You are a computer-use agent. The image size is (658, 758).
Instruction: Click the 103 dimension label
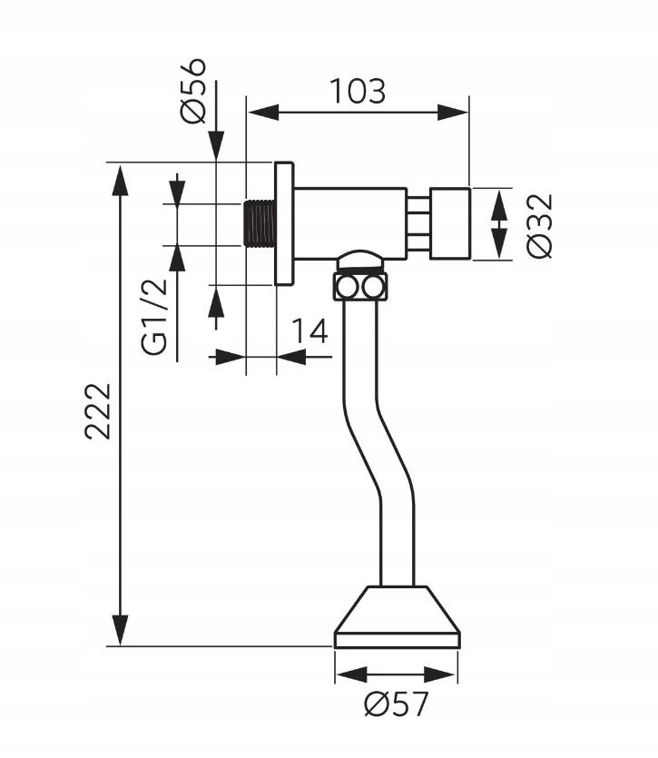point(358,91)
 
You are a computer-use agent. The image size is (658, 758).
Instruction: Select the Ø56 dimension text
point(192,92)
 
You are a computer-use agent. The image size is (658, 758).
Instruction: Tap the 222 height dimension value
point(98,411)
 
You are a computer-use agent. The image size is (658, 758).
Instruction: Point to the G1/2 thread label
point(155,317)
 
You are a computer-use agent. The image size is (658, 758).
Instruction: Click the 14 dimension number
point(310,330)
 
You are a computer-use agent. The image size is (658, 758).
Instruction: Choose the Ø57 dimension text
point(397,704)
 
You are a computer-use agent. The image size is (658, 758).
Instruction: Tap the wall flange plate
point(284,223)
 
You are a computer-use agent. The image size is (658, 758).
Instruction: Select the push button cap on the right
point(450,223)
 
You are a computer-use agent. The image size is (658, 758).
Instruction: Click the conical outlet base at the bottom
point(397,617)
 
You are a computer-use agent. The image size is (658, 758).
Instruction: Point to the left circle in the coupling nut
point(347,287)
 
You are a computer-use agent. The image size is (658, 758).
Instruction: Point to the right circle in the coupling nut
point(373,287)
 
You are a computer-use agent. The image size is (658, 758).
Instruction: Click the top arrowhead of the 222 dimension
point(120,180)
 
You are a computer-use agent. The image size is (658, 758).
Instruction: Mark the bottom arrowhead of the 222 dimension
point(120,630)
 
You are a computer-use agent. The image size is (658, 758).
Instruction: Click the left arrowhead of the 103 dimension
point(264,113)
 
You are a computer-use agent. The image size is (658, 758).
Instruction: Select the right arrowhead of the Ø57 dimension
point(440,674)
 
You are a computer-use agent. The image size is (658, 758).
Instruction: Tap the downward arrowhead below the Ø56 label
point(216,145)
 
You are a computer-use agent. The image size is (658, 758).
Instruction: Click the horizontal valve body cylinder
point(350,223)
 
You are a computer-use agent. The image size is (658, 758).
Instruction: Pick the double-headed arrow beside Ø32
point(499,224)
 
